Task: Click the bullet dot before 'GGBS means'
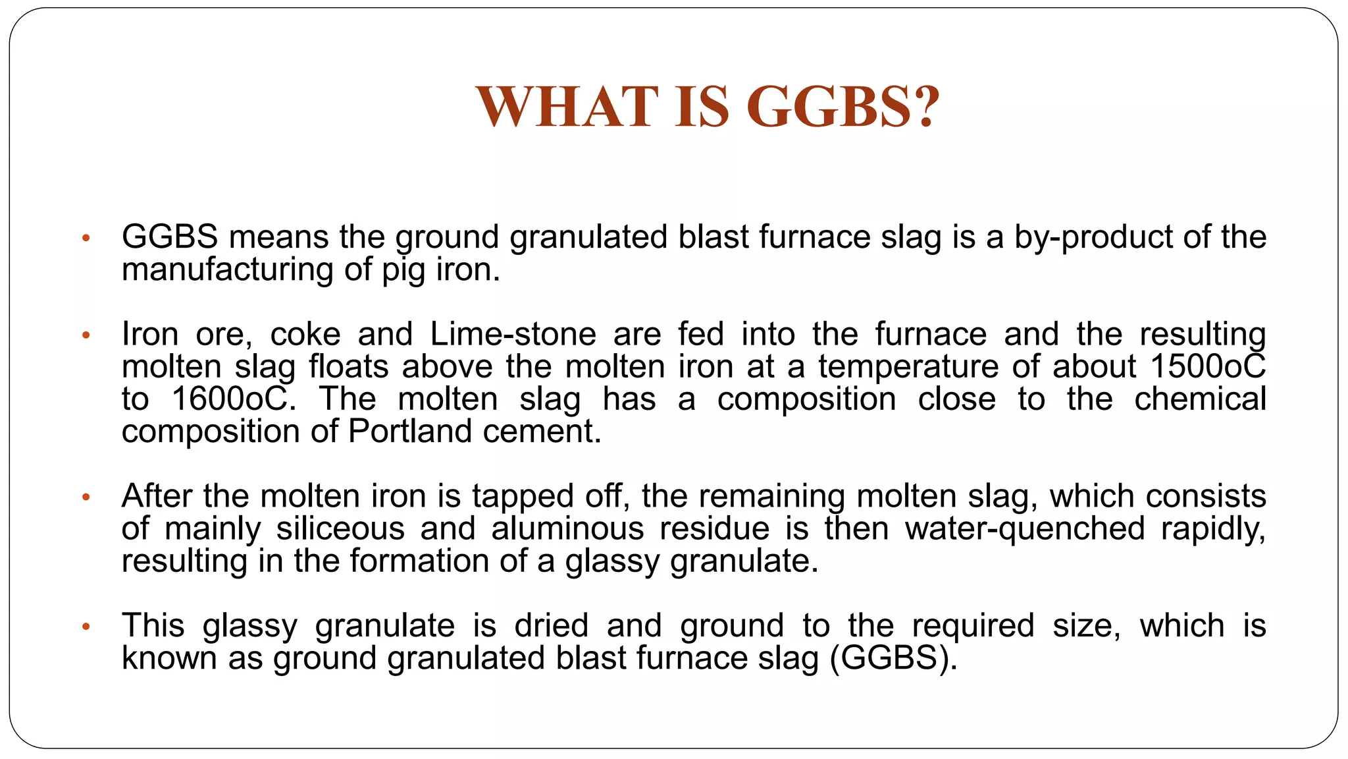85,238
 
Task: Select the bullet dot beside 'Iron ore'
85,335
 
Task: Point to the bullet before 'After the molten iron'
85,497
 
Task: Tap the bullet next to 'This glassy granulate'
85,627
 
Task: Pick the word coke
305,334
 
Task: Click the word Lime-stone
513,334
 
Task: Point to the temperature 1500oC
1208,366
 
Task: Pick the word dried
551,626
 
